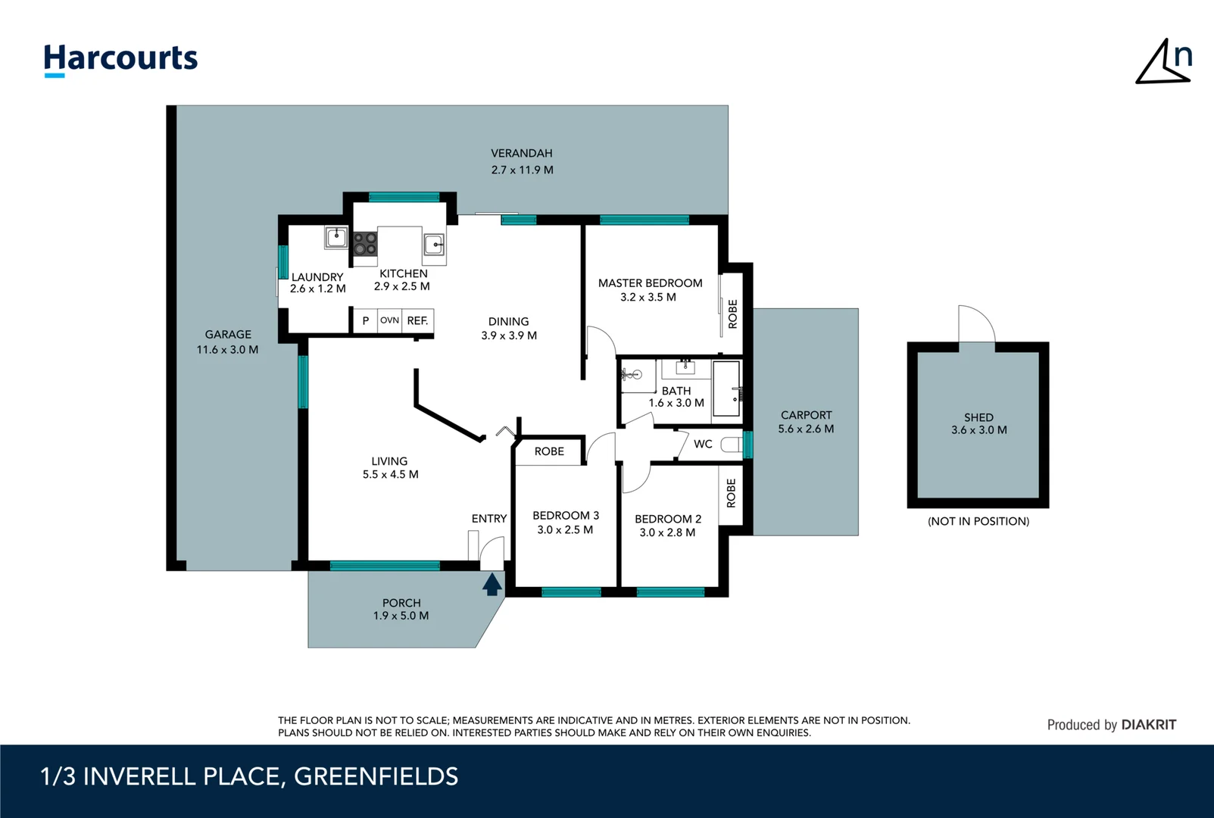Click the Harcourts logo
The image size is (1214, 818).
pos(120,60)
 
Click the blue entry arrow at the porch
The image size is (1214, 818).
pos(492,585)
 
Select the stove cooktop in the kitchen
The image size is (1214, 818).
pos(365,243)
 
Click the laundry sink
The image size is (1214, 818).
pos(336,237)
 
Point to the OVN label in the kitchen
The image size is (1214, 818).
pos(389,320)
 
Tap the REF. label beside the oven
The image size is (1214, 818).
pos(417,321)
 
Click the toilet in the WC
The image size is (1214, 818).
pos(731,445)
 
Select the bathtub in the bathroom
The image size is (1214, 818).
pos(726,389)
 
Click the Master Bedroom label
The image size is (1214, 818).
pos(650,283)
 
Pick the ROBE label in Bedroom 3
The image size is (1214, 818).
pos(549,451)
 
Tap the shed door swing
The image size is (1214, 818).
pos(977,324)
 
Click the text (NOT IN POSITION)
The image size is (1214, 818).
pos(978,522)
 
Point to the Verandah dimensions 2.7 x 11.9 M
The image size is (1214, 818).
pos(522,170)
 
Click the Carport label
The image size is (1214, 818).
pos(806,415)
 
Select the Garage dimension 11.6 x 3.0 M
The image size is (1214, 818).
pos(227,350)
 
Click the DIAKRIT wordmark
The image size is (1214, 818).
pos(1148,725)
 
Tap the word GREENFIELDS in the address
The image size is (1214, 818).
pos(376,776)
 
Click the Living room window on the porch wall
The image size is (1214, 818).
pos(385,566)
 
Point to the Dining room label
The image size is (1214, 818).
pos(508,321)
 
